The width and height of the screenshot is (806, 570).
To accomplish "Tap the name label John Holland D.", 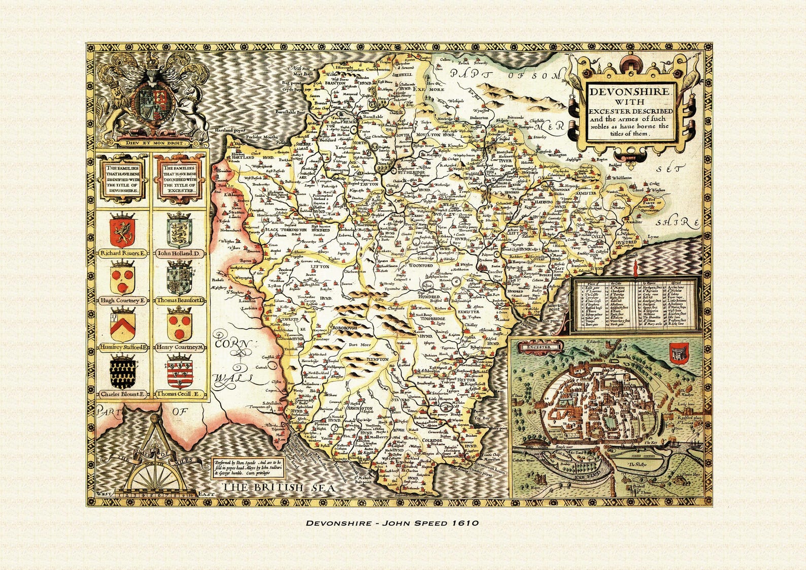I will pyautogui.click(x=180, y=252).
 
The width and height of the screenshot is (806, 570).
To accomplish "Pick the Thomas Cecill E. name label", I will pyautogui.click(x=180, y=394).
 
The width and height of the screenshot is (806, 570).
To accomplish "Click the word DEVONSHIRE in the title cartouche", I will pyautogui.click(x=630, y=92).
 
